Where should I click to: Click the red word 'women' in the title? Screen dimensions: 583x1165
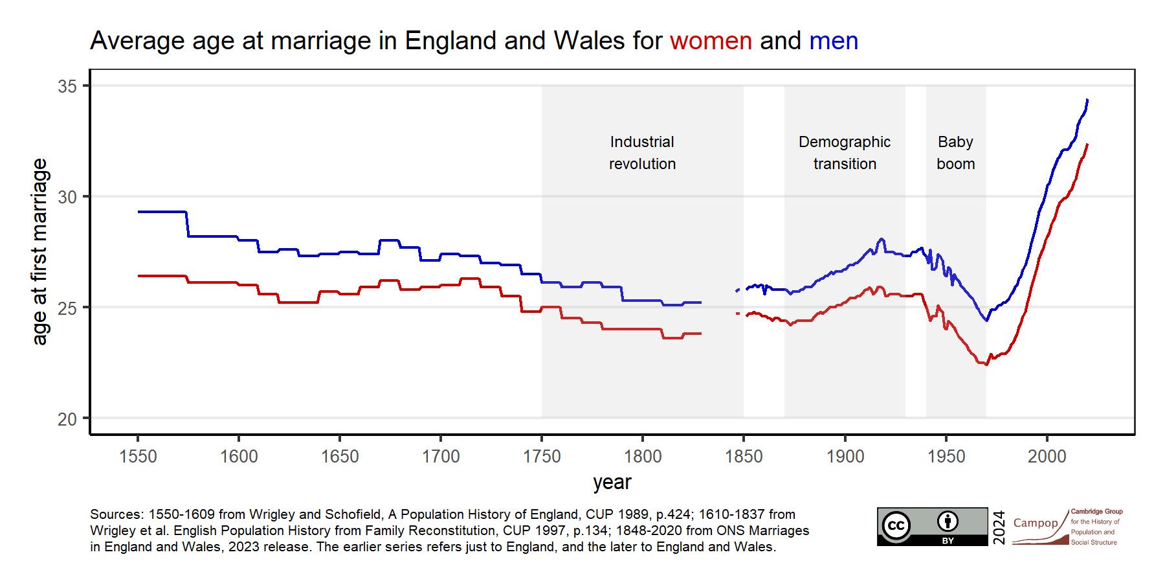coord(711,41)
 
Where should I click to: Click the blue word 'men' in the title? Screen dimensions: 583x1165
coord(834,41)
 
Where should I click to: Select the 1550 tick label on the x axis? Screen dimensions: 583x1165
coord(138,457)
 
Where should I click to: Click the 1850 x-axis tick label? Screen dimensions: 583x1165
coord(744,457)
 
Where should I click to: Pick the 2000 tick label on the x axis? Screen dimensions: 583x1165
coord(1047,457)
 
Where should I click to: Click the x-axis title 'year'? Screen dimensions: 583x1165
coord(612,483)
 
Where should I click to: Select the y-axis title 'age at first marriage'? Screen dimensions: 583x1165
coord(40,251)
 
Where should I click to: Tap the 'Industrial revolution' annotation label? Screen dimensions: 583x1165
coord(642,153)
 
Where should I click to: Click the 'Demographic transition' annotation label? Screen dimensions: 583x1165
coord(845,153)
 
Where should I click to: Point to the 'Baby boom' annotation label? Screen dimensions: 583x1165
coord(955,153)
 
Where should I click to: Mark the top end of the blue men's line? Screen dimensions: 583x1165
coord(1087,100)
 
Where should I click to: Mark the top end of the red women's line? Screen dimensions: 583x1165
coord(1087,144)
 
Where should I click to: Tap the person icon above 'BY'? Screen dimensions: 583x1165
coord(948,521)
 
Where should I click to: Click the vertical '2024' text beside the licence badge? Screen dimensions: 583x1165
coord(999,527)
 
